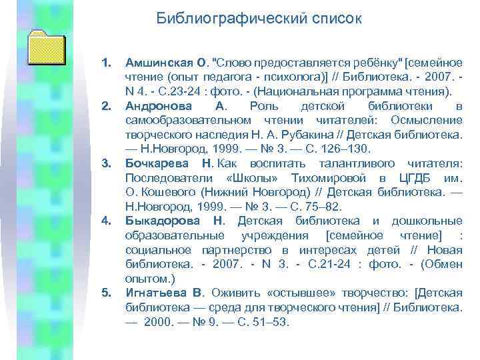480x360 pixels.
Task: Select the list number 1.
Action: click(x=105, y=63)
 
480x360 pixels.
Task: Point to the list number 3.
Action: click(x=105, y=164)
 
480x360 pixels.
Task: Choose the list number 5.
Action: click(x=105, y=293)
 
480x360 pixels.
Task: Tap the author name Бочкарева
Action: click(x=157, y=164)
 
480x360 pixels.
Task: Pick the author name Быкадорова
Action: click(x=160, y=221)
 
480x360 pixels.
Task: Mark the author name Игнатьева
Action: click(x=157, y=293)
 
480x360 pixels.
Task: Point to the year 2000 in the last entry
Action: click(x=159, y=321)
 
